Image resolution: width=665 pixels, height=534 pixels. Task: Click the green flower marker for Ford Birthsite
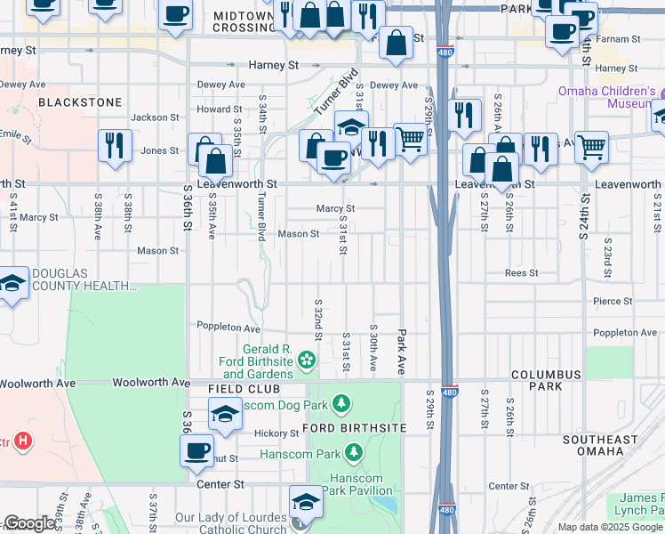(307, 360)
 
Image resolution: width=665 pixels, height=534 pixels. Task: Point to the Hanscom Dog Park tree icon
(341, 406)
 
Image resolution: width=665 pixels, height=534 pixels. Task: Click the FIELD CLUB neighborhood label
(244, 390)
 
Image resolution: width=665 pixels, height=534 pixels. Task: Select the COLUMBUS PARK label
(546, 380)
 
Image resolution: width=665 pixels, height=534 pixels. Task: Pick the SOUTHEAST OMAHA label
(600, 445)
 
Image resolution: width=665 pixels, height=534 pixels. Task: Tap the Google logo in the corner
(29, 524)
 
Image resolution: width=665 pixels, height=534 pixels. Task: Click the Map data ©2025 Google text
(609, 527)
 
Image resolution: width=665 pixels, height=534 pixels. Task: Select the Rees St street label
(521, 273)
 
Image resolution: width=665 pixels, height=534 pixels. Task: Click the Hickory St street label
(275, 433)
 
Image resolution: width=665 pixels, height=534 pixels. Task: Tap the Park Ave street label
(402, 350)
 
